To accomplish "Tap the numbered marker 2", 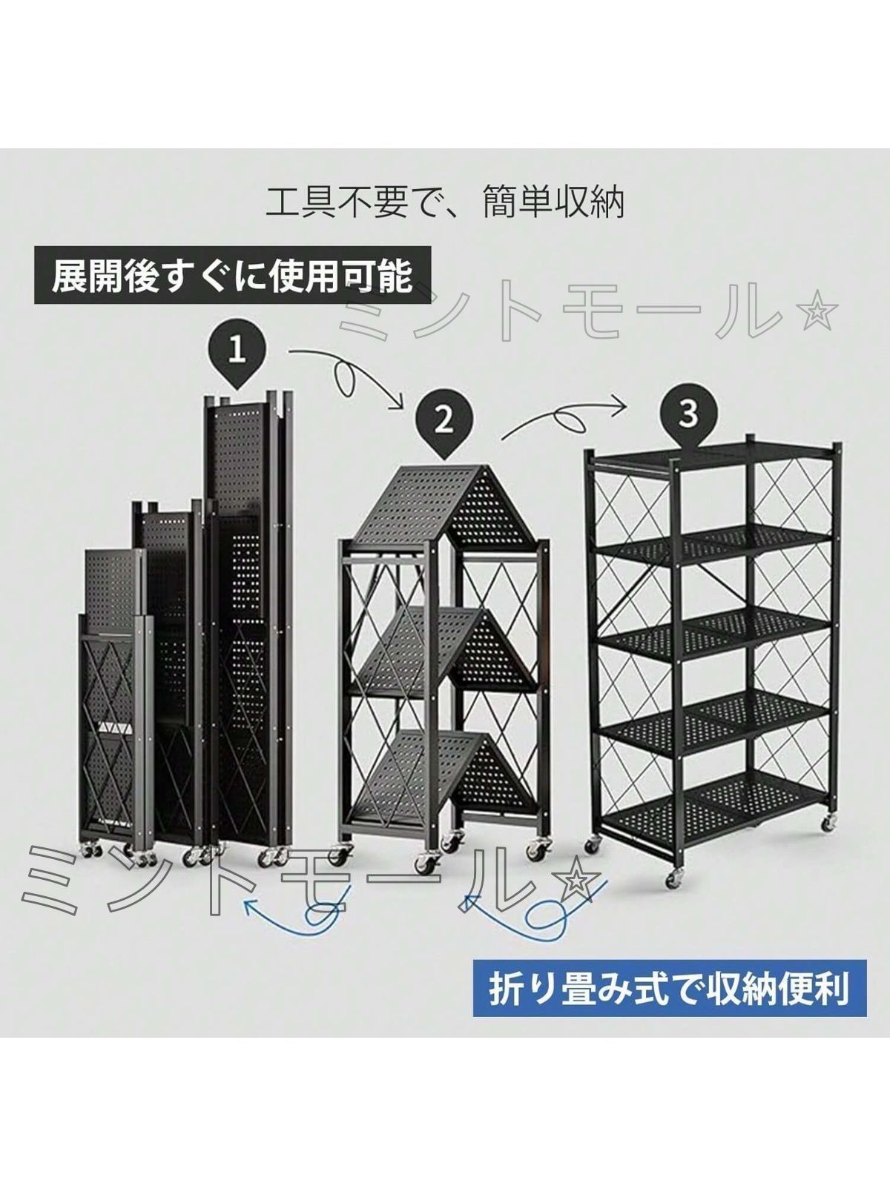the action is pyautogui.click(x=444, y=420).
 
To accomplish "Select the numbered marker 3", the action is pyautogui.click(x=688, y=414).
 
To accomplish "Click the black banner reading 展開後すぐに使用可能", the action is pyautogui.click(x=233, y=276).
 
